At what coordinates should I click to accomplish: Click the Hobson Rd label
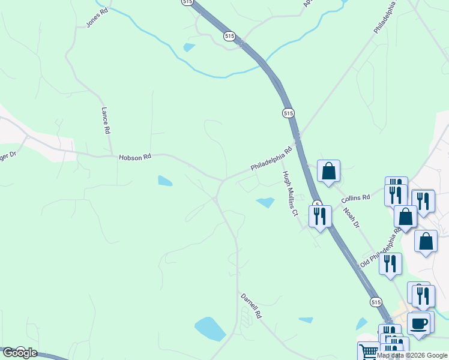(134, 157)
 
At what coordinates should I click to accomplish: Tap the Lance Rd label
(106, 121)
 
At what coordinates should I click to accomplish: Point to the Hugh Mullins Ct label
(290, 193)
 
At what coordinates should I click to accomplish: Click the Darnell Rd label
(252, 305)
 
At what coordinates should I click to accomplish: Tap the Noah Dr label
(351, 217)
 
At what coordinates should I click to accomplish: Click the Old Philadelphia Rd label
(381, 248)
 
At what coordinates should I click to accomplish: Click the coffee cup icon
(419, 324)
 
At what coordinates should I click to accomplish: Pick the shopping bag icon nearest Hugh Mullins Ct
(328, 171)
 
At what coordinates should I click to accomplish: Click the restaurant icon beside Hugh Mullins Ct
(320, 215)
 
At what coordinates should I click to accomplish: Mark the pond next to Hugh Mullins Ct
(265, 202)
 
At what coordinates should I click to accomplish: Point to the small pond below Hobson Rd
(164, 181)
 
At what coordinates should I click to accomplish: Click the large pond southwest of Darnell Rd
(210, 329)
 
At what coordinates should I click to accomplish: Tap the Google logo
(19, 353)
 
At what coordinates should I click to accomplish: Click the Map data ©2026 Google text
(412, 356)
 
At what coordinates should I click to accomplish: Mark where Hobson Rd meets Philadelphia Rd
(223, 179)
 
